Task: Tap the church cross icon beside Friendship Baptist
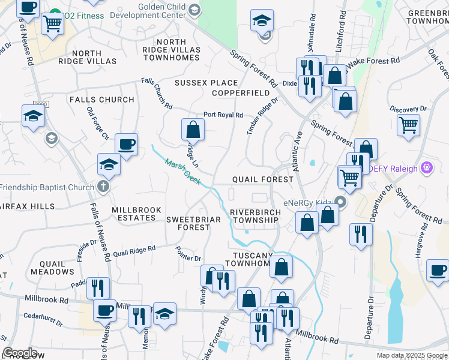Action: point(103,186)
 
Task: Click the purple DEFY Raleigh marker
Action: point(427,167)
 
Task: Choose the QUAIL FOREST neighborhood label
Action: point(263,179)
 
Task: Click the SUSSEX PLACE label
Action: point(206,83)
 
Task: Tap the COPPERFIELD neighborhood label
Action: point(240,93)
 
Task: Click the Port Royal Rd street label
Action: point(223,115)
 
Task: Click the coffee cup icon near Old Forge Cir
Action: point(127,144)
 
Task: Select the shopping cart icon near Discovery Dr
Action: point(409,125)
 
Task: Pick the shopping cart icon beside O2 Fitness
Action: point(53,23)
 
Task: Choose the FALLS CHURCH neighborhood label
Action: point(101,100)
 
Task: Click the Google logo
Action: point(20,353)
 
